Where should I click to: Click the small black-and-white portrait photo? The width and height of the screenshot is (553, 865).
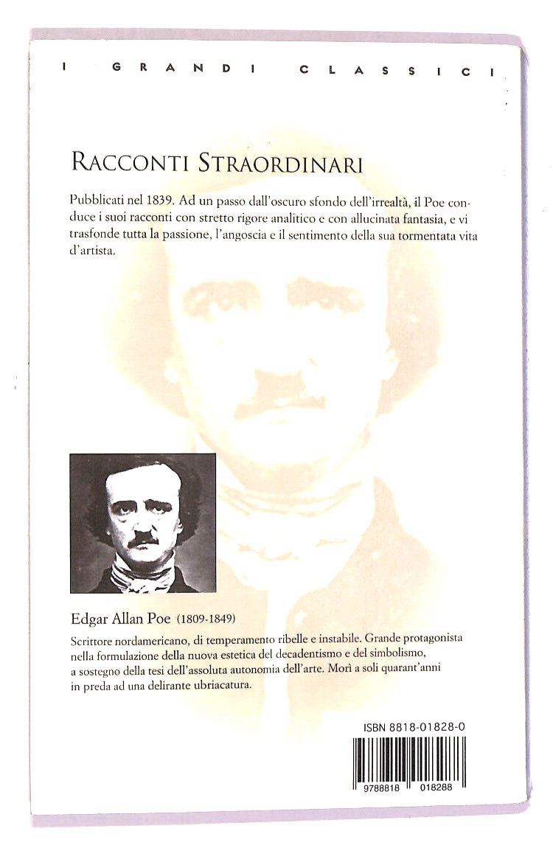click(143, 523)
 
